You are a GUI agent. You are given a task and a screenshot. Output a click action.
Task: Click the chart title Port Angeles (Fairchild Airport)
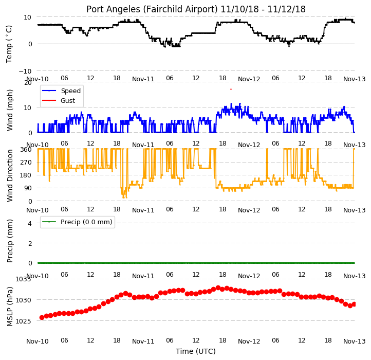(x=152, y=9)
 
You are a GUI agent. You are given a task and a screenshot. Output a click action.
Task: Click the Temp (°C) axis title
(x=9, y=44)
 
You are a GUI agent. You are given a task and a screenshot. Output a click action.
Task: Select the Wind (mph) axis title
(x=9, y=110)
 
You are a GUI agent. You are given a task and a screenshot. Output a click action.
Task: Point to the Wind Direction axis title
(x=9, y=175)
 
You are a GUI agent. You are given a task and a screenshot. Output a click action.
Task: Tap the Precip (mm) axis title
(x=9, y=241)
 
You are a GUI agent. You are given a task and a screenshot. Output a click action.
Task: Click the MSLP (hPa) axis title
(x=9, y=307)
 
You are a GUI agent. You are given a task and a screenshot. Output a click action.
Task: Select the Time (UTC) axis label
(x=196, y=351)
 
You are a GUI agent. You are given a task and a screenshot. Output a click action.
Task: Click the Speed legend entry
(x=71, y=91)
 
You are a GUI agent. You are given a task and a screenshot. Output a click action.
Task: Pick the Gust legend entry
(x=68, y=100)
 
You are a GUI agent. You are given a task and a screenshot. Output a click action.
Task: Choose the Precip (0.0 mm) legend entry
(x=86, y=222)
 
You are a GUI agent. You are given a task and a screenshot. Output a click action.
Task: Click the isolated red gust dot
(x=231, y=89)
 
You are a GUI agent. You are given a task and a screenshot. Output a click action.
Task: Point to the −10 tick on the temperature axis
(x=25, y=71)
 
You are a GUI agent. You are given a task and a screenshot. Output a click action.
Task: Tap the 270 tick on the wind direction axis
(x=26, y=162)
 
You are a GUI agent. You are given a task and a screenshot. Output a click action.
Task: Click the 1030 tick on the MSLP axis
(x=23, y=300)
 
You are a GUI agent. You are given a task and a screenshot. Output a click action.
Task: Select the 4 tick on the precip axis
(x=30, y=223)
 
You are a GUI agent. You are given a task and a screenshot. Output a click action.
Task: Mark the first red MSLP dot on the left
(x=42, y=317)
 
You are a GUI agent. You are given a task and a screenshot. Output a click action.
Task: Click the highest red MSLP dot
(x=218, y=287)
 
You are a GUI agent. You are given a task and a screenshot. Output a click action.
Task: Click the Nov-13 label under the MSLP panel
(x=354, y=341)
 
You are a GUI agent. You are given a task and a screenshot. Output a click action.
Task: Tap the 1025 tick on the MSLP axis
(x=23, y=321)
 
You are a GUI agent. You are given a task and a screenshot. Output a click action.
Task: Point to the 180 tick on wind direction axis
(x=26, y=175)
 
